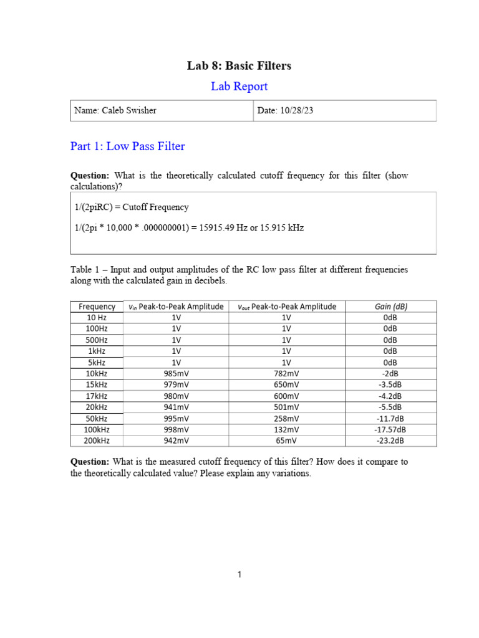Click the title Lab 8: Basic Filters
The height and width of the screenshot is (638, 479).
(x=239, y=65)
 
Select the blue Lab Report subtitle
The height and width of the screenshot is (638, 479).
(x=239, y=87)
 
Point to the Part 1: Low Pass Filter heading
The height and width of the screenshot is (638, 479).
(x=127, y=146)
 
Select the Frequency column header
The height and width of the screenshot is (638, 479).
(x=97, y=306)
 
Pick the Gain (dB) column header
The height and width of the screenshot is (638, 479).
(x=391, y=306)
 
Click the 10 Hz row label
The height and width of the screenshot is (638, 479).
(x=97, y=317)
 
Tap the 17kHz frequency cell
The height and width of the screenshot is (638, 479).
(x=97, y=396)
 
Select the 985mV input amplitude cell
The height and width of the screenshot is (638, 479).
(x=177, y=373)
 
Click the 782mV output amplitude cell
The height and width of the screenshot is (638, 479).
(x=286, y=373)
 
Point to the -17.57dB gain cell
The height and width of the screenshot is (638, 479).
(x=391, y=429)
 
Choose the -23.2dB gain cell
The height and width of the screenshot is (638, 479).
(x=391, y=440)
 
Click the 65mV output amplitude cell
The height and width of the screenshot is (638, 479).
(x=286, y=440)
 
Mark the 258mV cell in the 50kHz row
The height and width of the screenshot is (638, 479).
(x=286, y=418)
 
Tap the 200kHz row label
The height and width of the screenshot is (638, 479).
(x=97, y=440)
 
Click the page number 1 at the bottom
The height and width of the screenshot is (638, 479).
(x=239, y=574)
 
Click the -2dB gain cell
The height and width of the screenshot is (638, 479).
(x=391, y=373)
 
